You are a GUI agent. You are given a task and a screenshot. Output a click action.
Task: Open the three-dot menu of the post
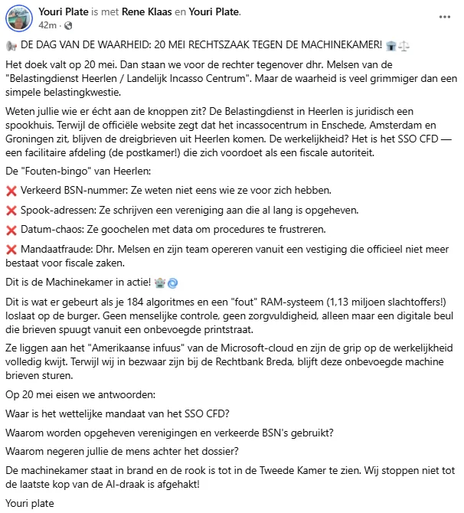pyautogui.click(x=444, y=17)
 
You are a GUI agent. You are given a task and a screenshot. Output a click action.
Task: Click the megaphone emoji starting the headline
pyautogui.click(x=10, y=45)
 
